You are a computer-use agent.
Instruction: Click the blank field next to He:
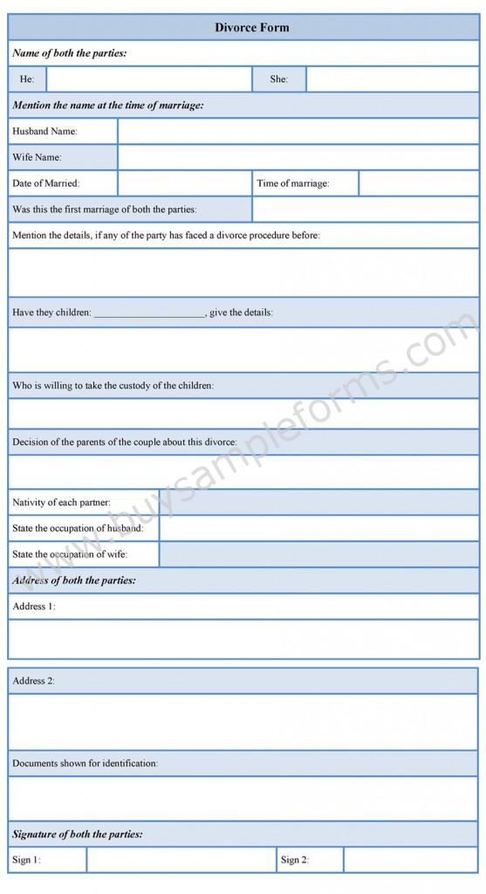[x=148, y=79]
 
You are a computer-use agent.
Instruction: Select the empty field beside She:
[x=392, y=79]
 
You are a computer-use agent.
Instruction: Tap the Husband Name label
[x=44, y=132]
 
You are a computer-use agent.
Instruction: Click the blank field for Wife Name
[x=298, y=158]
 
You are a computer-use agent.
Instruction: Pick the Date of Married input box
[x=184, y=183]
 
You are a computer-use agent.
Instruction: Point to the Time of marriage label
[x=293, y=183]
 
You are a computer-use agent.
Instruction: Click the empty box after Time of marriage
[x=418, y=183]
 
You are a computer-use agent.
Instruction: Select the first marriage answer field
[x=365, y=210]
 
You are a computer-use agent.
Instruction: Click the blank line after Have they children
[x=148, y=313]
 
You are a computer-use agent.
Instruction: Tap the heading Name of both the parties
[x=69, y=53]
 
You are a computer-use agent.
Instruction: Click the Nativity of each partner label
[x=61, y=503]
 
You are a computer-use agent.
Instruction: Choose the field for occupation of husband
[x=318, y=528]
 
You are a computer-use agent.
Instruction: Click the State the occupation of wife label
[x=70, y=554]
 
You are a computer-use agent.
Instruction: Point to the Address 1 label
[x=34, y=606]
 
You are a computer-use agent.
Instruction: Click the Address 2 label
[x=34, y=680]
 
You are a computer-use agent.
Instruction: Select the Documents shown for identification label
[x=85, y=763]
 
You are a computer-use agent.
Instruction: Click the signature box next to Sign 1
[x=181, y=860]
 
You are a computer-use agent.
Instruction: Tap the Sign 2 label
[x=295, y=860]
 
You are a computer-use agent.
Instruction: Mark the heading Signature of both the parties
[x=78, y=834]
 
